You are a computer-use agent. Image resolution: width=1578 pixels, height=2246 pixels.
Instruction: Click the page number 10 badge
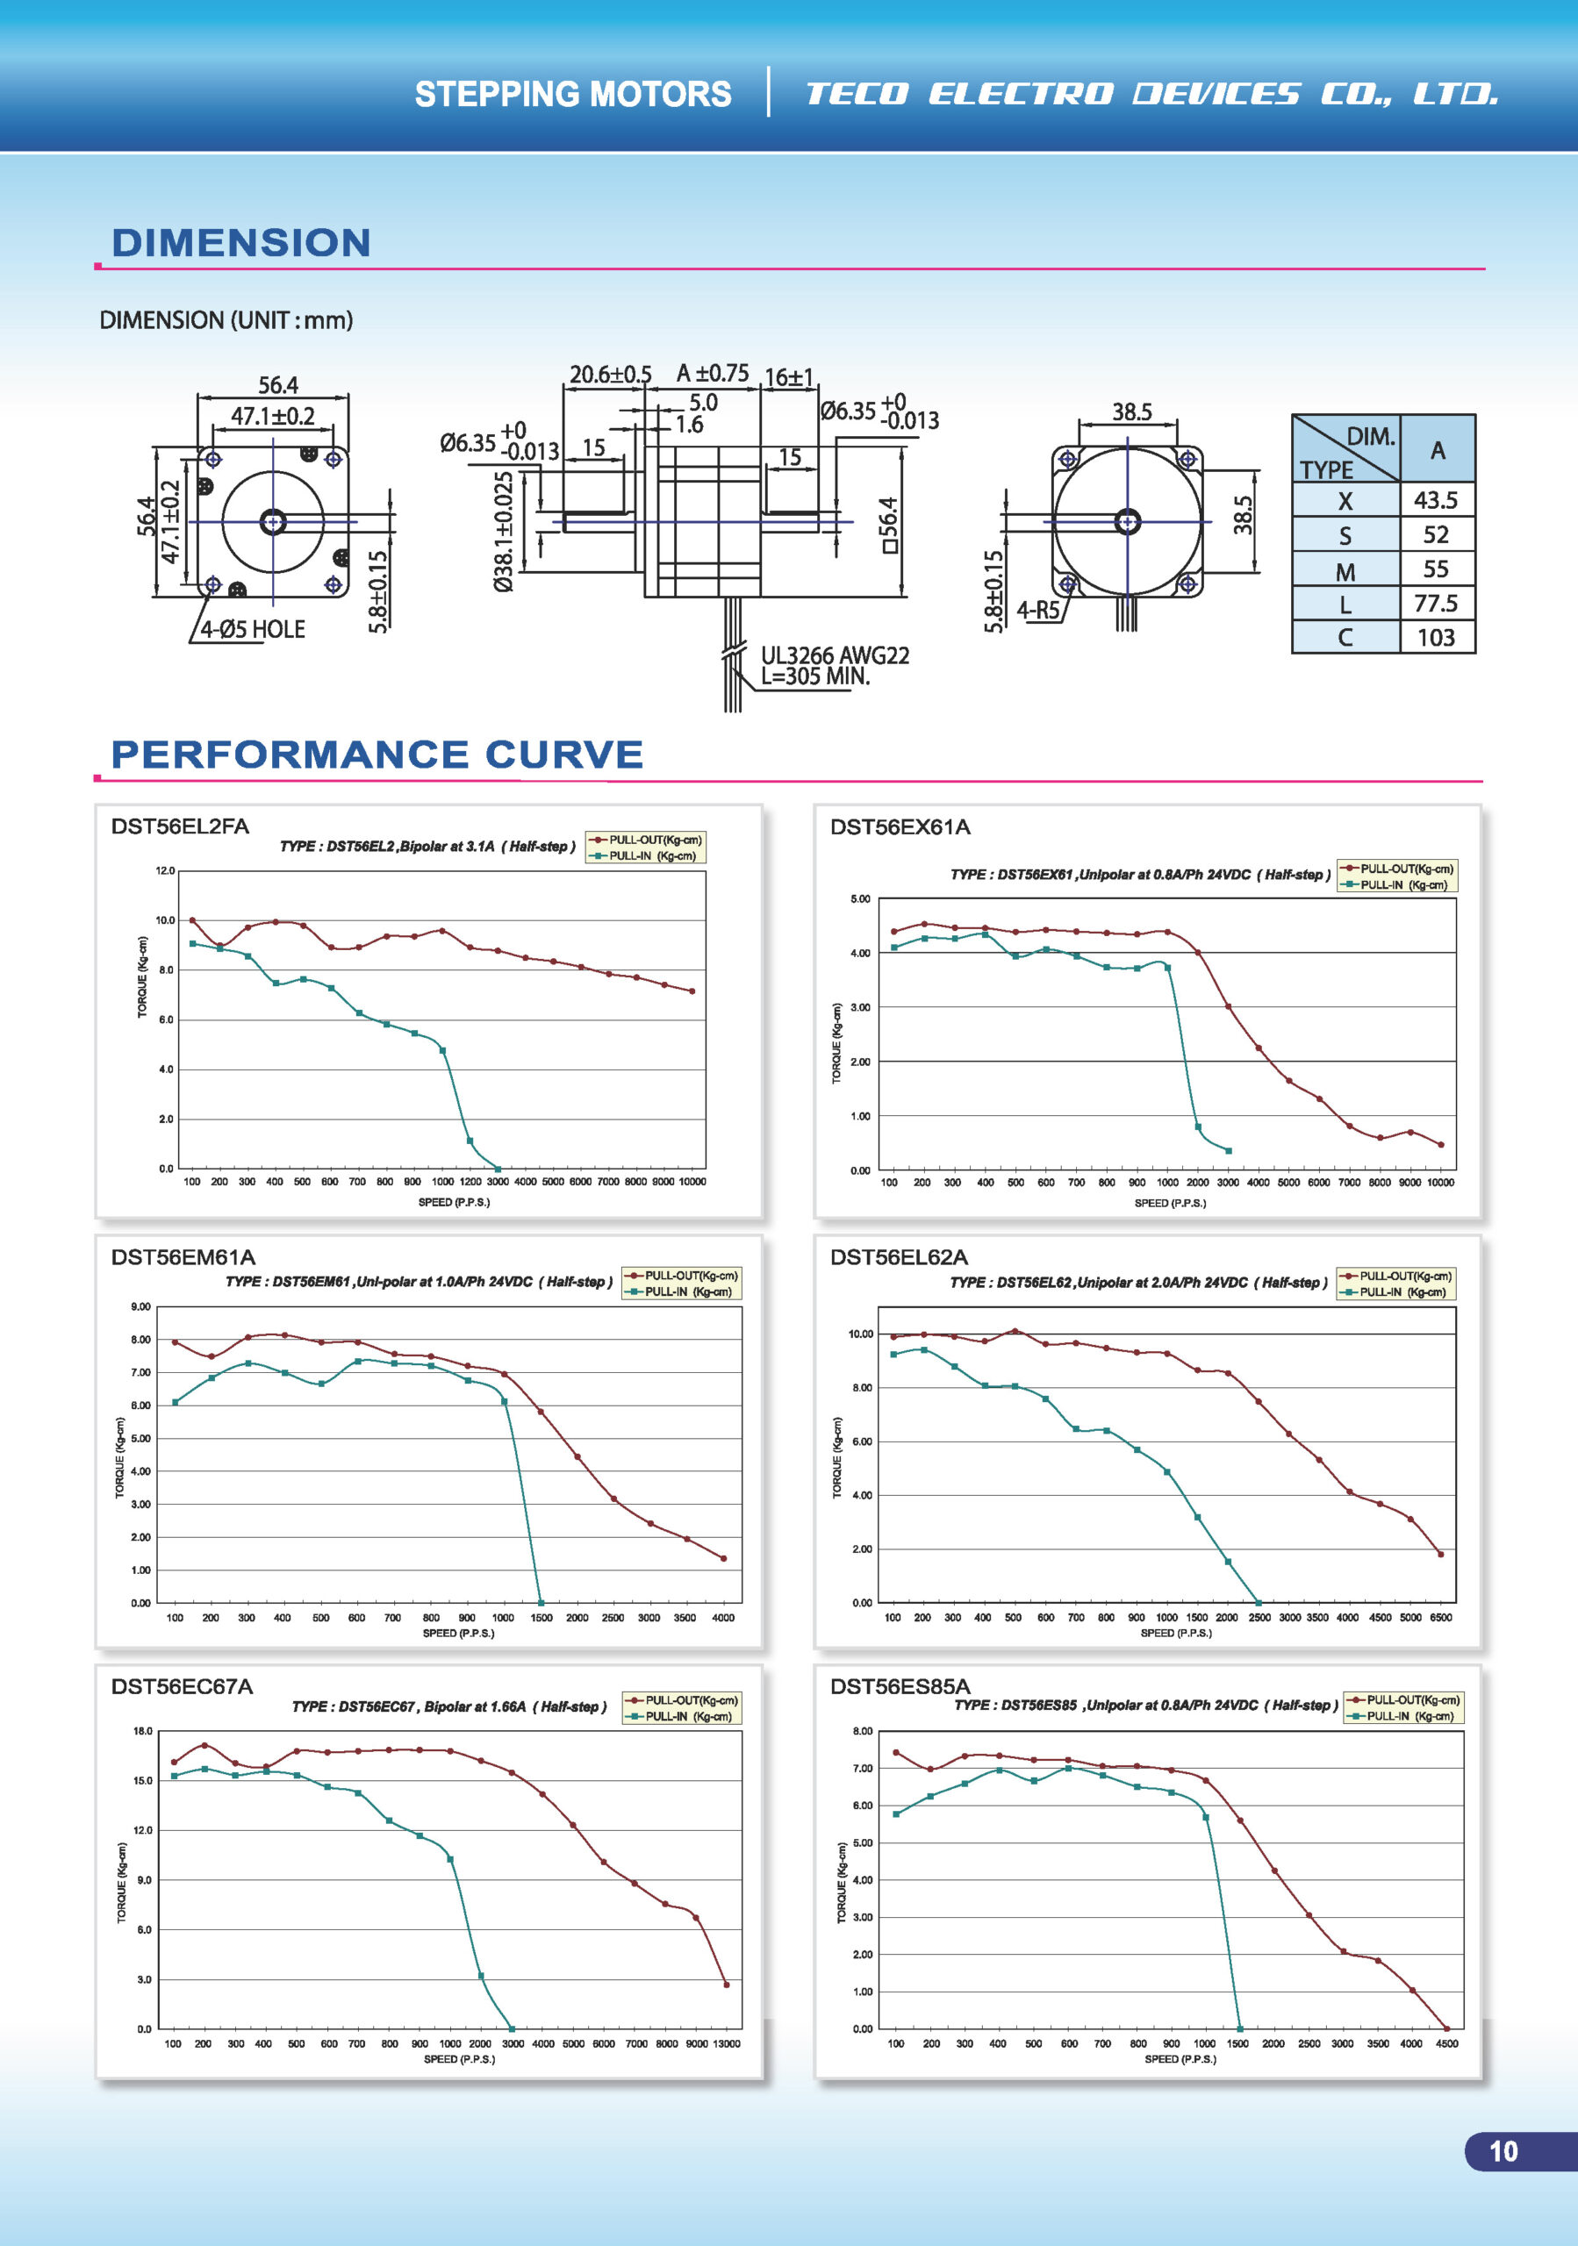coord(1503,2151)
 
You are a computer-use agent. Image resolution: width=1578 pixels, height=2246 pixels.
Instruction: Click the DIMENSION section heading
coord(240,243)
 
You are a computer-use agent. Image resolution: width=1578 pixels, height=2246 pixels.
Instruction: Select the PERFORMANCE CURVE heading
coord(377,755)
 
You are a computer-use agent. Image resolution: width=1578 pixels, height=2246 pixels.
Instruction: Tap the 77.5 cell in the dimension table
coord(1435,603)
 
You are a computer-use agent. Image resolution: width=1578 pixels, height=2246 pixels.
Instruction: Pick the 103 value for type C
coord(1435,638)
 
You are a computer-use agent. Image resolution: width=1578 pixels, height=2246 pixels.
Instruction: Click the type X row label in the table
coord(1345,501)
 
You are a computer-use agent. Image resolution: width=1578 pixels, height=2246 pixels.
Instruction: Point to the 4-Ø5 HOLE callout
coord(253,629)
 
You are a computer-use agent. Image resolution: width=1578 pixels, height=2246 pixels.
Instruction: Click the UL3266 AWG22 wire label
coord(835,654)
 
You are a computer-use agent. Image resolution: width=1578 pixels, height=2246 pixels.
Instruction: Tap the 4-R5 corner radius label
coord(1038,611)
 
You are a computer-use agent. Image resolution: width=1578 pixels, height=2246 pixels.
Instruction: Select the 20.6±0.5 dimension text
coord(611,375)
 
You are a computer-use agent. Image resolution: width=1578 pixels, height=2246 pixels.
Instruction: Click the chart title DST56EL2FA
coord(180,826)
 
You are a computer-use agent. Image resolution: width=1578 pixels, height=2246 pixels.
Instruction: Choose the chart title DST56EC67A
coord(182,1686)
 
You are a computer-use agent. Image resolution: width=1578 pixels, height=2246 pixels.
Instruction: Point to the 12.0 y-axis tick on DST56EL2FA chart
coord(164,870)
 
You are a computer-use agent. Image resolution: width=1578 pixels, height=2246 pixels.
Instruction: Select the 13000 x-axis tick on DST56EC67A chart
coord(726,2043)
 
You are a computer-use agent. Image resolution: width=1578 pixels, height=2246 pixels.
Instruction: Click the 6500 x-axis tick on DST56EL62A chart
coord(1441,1618)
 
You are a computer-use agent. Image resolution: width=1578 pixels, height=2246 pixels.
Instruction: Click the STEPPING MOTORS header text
coord(572,94)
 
